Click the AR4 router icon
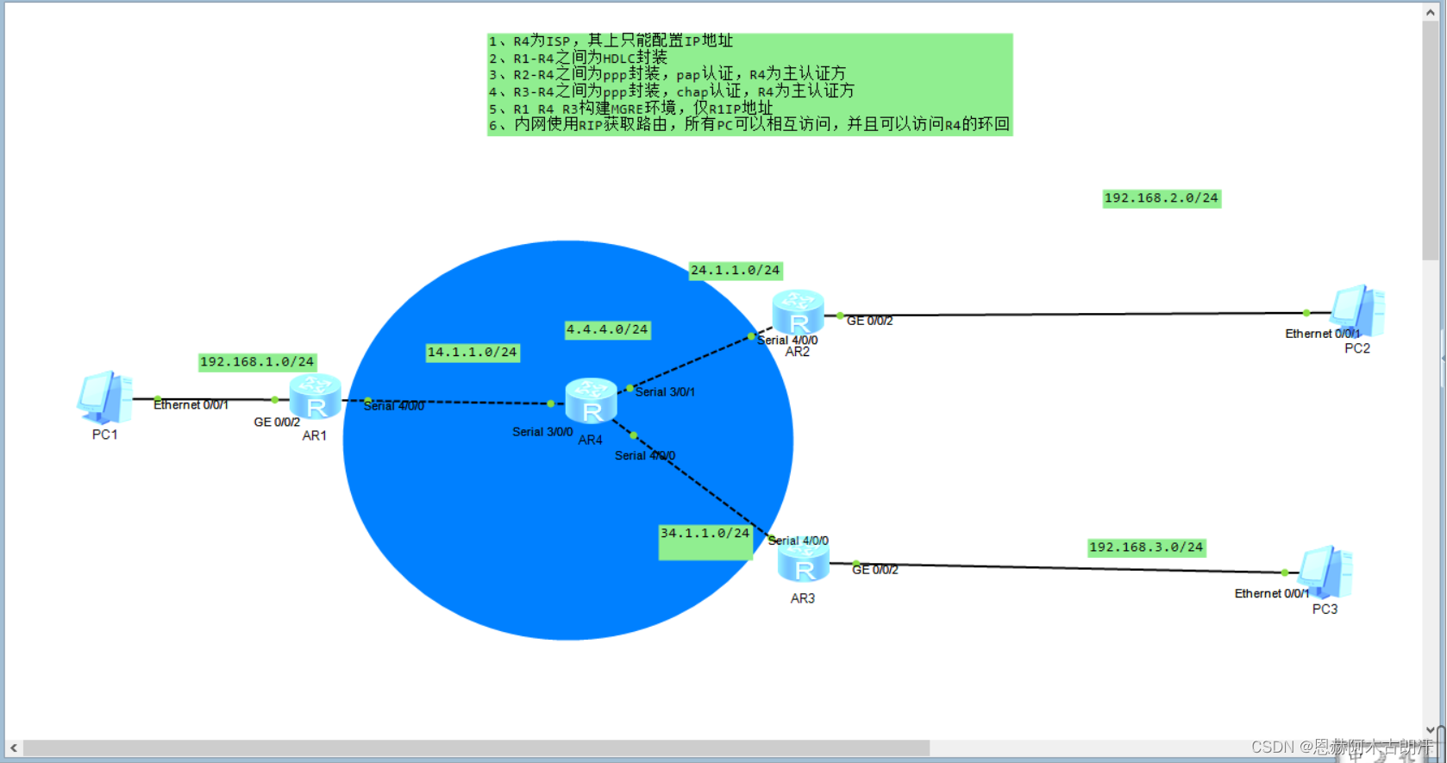[591, 401]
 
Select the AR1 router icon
[315, 397]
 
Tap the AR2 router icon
[798, 313]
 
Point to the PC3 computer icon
[1325, 572]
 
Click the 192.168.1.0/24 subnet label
[257, 362]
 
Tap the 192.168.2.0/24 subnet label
[1161, 198]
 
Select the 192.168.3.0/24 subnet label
[1145, 547]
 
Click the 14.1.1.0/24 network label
[473, 353]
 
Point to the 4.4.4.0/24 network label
[607, 329]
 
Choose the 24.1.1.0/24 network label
[735, 271]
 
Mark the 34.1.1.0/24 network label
[705, 534]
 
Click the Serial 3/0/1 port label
[665, 392]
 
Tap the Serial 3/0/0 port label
[542, 432]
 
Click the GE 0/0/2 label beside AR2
[869, 321]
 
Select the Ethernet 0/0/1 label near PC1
[191, 404]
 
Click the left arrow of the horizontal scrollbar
[14, 747]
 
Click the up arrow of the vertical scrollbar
[1430, 11]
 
